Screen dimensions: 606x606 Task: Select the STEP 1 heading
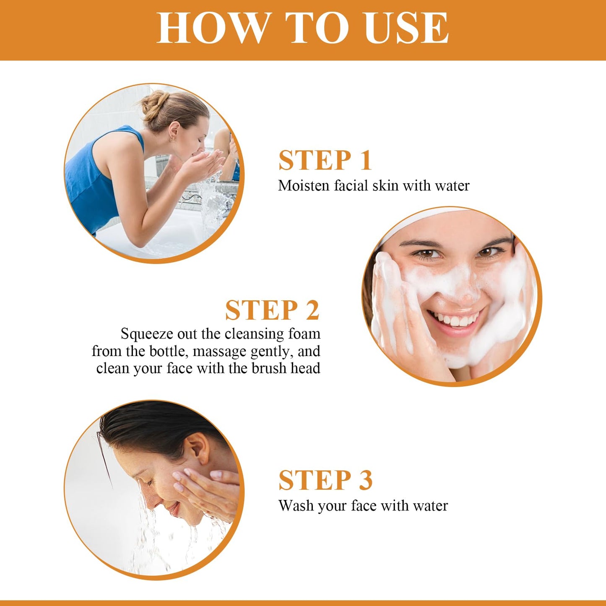coord(325,160)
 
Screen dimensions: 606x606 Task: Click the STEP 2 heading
coord(272,310)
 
